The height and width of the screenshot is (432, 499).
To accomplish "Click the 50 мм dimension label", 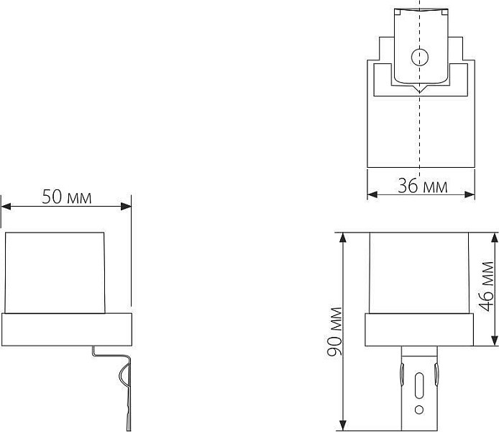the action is [67, 197].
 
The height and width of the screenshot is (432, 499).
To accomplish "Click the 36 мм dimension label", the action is [423, 186].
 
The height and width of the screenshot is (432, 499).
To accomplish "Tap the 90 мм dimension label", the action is [334, 331].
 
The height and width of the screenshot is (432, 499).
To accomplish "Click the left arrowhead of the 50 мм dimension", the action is [6, 207].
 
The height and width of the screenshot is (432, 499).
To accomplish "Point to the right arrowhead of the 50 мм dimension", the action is [126, 207].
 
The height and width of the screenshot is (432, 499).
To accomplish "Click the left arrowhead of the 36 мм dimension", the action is [372, 194].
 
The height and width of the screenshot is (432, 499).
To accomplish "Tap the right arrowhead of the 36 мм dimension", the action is [470, 194].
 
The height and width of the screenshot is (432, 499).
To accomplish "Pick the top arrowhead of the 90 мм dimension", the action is [343, 238].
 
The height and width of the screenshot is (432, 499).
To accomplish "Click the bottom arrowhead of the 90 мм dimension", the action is [343, 426].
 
